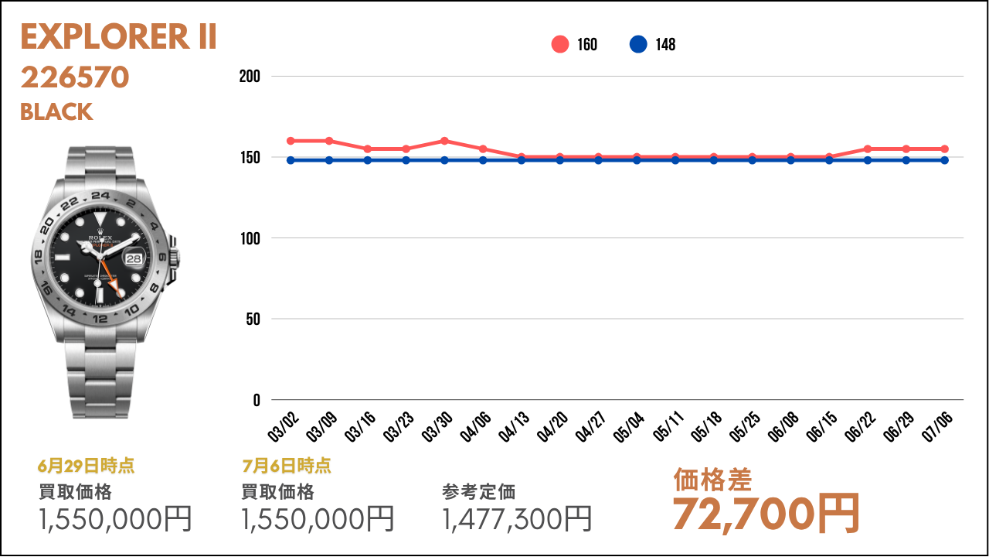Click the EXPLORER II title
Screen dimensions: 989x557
[118, 36]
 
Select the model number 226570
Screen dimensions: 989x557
[75, 77]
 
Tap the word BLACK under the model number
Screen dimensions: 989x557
[56, 112]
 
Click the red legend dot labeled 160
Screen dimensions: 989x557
[560, 44]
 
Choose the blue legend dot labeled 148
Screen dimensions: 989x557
[638, 44]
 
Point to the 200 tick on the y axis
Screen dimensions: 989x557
[250, 76]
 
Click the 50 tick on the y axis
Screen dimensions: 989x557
[253, 320]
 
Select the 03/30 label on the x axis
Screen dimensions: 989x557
[437, 426]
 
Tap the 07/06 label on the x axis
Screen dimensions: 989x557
[937, 426]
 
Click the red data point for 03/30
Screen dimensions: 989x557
[444, 141]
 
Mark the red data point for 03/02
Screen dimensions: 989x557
[291, 141]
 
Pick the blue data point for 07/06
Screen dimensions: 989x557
[944, 160]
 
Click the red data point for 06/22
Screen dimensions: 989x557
[868, 149]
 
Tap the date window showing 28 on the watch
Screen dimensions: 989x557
[134, 258]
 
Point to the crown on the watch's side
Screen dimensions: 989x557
[175, 258]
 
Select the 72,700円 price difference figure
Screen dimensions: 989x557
[766, 514]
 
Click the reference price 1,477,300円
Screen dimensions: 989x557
[517, 519]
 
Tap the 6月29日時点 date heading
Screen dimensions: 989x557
[86, 466]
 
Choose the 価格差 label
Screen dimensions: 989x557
[712, 480]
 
